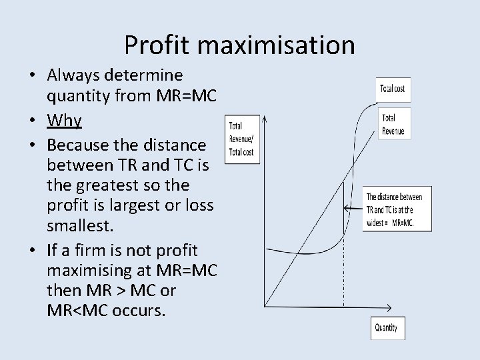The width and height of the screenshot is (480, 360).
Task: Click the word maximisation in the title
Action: [x=276, y=45]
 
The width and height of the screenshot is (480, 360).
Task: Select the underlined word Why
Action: [x=64, y=121]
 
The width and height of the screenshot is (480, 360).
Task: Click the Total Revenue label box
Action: [x=393, y=124]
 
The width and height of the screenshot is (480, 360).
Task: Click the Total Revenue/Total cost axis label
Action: [x=241, y=139]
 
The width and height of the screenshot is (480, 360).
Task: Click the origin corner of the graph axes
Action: [x=265, y=306]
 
